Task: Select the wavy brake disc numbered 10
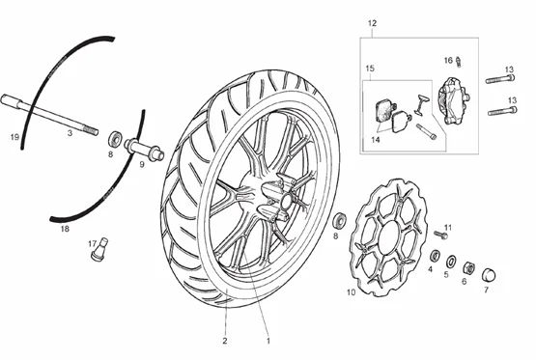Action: [x=388, y=236]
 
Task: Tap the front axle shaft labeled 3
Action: [x=49, y=115]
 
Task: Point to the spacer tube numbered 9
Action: [x=144, y=150]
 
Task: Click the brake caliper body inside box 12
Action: [x=454, y=99]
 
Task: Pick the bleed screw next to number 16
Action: [x=459, y=62]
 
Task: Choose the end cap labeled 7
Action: [x=489, y=275]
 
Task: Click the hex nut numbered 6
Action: [x=468, y=267]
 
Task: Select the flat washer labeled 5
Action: [x=451, y=262]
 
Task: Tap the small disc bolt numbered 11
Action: [x=441, y=235]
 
